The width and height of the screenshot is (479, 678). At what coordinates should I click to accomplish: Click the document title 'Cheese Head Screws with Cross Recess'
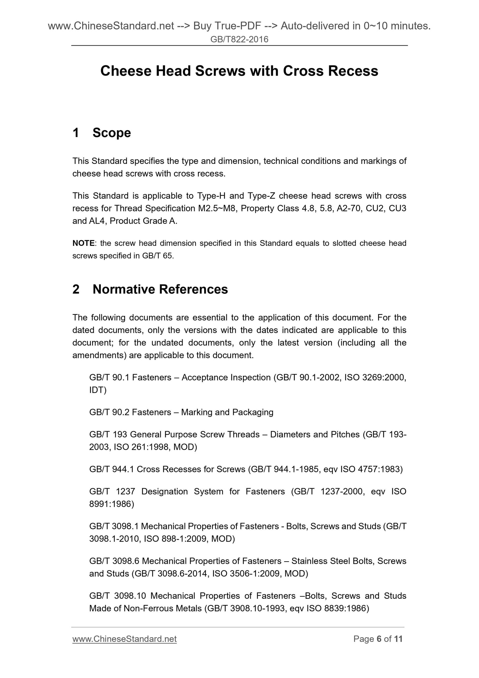coord(239,71)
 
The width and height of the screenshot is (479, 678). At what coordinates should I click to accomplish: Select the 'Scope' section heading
coord(112,133)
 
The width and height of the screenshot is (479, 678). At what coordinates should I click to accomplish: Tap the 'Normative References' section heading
coord(160,289)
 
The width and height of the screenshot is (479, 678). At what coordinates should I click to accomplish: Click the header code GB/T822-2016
coord(239,40)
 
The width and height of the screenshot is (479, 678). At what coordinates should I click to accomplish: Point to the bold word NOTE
coord(84,243)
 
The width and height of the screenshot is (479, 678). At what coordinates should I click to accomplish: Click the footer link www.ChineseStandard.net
coord(124,639)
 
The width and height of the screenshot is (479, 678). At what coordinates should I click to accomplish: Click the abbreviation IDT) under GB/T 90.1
coord(98,390)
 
